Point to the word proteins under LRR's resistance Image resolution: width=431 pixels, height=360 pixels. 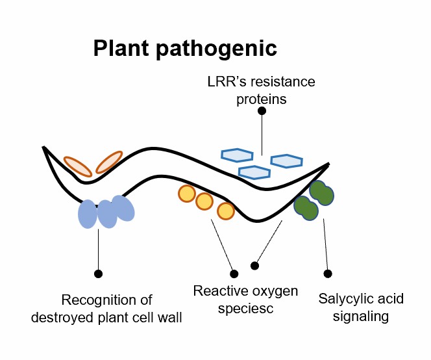point(262,99)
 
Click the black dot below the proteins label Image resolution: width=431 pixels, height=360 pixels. point(262,111)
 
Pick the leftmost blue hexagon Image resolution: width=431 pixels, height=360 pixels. point(237,155)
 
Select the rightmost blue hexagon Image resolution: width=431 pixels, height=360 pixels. point(286,161)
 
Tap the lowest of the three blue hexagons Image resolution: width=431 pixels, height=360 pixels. point(254,172)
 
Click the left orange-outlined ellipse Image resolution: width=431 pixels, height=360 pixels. point(77,166)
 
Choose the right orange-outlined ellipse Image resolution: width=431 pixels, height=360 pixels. point(110,162)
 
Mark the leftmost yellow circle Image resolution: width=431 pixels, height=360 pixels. point(187,193)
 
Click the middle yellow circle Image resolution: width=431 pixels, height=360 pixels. point(204,201)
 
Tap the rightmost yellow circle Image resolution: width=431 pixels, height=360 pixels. point(225,211)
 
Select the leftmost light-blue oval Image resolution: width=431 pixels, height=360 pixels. point(88,214)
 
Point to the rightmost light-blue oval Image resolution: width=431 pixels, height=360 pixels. point(123,209)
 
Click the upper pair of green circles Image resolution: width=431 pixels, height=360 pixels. point(321,192)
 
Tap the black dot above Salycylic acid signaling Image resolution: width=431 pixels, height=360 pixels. point(328,274)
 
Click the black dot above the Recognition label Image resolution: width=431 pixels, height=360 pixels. point(98,274)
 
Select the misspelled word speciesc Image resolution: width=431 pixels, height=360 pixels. point(246,308)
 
